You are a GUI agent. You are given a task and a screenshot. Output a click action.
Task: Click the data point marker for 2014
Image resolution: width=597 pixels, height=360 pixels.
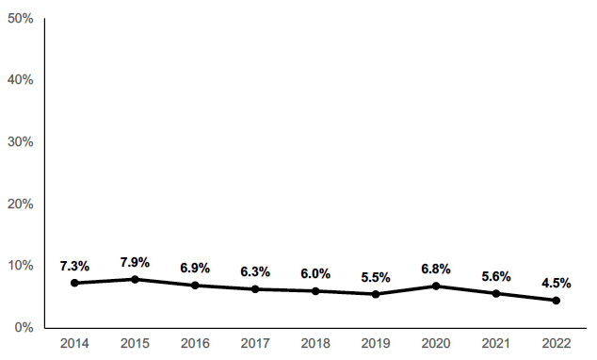tap(74, 283)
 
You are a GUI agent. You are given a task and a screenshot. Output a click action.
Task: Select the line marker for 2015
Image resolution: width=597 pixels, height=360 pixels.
tap(135, 279)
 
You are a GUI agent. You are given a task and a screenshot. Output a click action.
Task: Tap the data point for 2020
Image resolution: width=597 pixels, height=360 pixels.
tap(436, 286)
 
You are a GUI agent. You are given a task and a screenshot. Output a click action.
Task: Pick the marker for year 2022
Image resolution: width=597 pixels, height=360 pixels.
tap(557, 301)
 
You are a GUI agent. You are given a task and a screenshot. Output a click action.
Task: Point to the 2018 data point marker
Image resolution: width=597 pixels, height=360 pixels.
tap(315, 291)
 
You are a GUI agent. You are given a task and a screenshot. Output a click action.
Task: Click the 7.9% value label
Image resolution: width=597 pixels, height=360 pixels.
tap(135, 262)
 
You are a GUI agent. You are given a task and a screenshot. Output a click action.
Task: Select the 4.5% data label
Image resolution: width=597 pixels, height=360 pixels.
tap(557, 283)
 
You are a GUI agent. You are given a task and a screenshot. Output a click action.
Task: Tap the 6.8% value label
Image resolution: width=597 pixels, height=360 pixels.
tap(436, 269)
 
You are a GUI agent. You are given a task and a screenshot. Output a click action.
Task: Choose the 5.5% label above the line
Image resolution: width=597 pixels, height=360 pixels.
tap(376, 277)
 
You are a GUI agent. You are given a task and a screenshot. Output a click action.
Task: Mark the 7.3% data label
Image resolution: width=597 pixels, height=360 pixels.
tap(74, 266)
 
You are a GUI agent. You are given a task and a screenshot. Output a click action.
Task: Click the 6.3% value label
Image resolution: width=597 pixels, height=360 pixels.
tap(255, 271)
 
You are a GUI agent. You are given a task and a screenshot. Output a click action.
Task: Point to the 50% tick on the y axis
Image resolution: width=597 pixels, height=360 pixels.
tap(20, 18)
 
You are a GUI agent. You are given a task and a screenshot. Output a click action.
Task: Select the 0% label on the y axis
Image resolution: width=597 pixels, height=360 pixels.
tap(24, 328)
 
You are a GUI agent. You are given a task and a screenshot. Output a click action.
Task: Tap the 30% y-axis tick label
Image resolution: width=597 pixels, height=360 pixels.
tap(20, 141)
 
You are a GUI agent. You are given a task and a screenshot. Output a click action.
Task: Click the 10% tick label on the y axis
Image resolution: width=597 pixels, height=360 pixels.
tap(20, 266)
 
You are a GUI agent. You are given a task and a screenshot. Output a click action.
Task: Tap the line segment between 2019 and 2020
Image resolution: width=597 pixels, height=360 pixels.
tap(406, 290)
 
